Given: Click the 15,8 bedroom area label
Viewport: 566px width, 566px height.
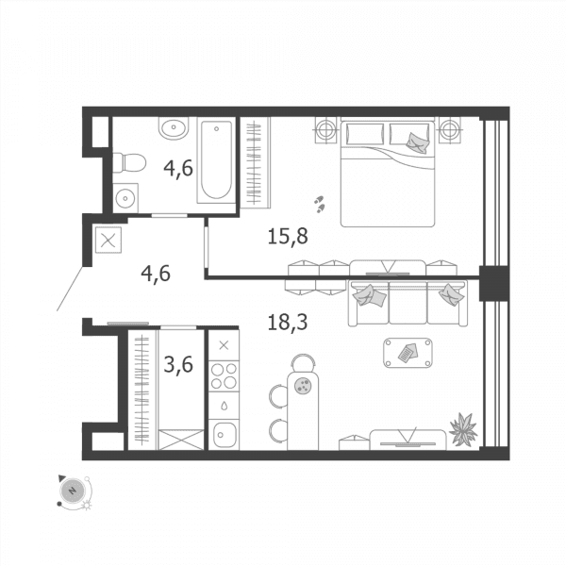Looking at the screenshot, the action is (288, 237).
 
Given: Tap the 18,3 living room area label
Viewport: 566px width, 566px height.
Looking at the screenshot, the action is (288, 322).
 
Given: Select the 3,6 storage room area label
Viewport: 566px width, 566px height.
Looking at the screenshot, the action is (178, 364).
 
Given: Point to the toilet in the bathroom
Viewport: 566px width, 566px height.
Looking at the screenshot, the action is (129, 163).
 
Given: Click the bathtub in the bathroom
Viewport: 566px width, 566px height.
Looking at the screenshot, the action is (216, 160).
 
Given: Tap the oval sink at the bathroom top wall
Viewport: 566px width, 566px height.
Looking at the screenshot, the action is (174, 127).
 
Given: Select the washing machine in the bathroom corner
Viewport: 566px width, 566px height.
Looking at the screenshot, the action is (125, 198).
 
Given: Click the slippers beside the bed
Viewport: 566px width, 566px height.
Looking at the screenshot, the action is (319, 205).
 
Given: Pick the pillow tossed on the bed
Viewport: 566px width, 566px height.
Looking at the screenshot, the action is (418, 143).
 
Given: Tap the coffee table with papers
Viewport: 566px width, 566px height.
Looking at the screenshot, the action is (408, 353).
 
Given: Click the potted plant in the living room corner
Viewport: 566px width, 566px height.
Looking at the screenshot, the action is (463, 429).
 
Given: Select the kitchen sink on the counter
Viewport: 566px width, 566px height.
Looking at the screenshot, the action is (224, 435).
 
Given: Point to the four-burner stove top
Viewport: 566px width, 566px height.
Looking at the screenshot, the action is (224, 375).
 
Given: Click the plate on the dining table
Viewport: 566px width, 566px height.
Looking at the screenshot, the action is (303, 386).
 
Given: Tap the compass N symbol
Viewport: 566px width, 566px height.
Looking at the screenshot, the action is (73, 491).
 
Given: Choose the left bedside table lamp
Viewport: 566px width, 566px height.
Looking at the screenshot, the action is (326, 129).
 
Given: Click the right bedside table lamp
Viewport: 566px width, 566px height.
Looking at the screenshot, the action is (450, 129).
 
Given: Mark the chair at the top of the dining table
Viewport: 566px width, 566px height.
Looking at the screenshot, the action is (303, 362).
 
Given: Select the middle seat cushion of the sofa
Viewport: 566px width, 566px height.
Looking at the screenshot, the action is (408, 303).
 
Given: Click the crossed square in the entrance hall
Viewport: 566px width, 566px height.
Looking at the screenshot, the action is (108, 240).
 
